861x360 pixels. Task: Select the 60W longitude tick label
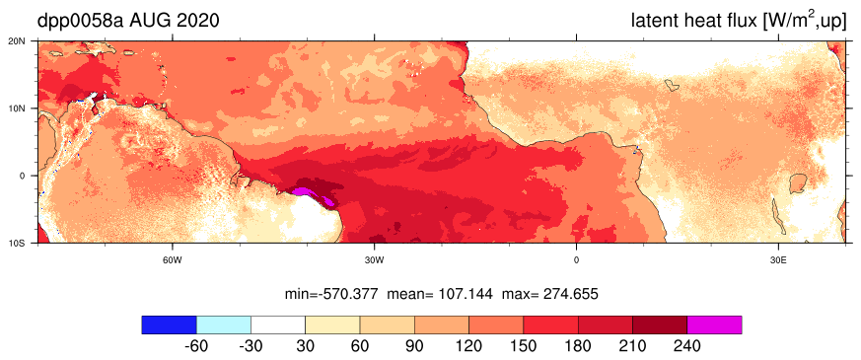click(x=173, y=259)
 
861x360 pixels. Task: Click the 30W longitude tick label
click(x=374, y=259)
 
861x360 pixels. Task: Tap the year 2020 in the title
click(x=196, y=21)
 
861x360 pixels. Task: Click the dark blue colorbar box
click(x=169, y=324)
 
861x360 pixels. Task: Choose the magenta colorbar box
click(x=714, y=324)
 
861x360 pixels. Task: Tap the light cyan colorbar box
click(x=224, y=324)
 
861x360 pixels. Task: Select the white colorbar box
click(x=278, y=324)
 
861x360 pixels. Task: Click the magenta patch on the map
click(x=312, y=195)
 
